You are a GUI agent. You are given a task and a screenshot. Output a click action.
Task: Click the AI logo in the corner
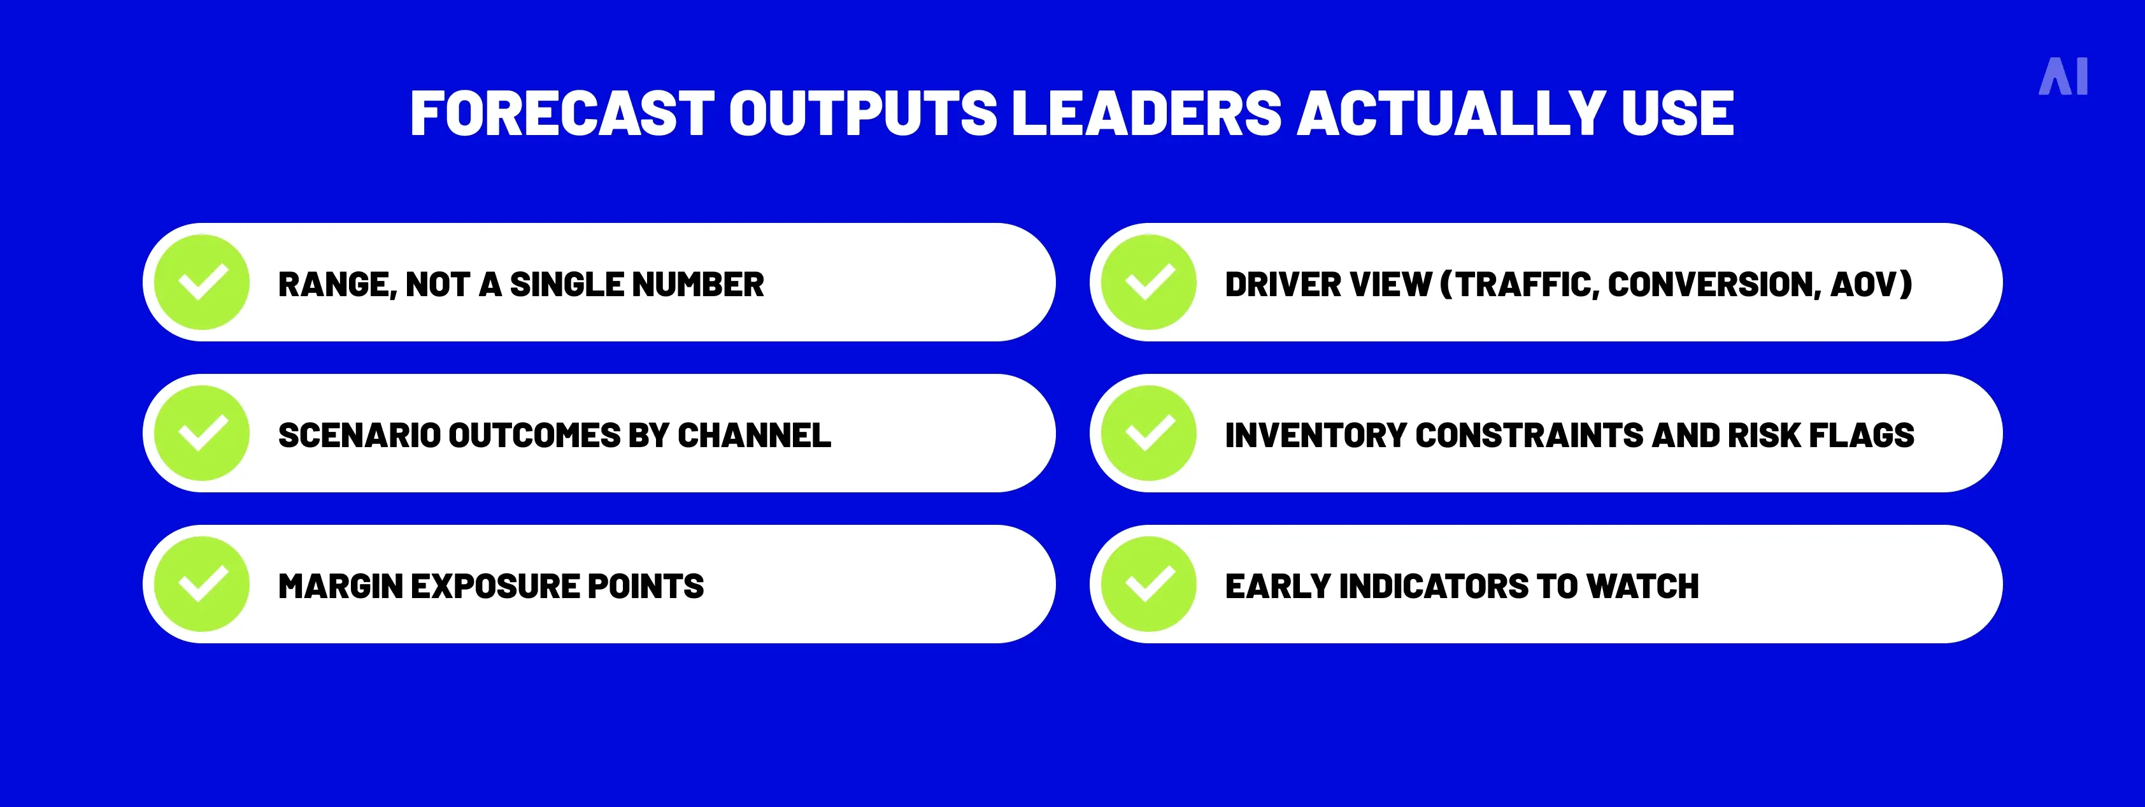point(2063,78)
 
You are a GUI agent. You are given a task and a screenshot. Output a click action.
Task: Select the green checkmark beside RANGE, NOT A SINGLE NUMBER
point(203,282)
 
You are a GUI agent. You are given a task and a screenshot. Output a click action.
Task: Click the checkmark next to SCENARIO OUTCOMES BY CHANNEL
point(203,433)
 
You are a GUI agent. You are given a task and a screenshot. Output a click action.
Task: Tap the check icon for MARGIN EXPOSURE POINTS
point(203,585)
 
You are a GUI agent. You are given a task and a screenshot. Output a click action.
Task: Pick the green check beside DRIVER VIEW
point(1149,282)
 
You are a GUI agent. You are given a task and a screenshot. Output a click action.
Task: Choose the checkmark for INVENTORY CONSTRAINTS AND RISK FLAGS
point(1149,433)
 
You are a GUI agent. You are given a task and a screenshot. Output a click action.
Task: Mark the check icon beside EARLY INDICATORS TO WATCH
point(1149,585)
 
